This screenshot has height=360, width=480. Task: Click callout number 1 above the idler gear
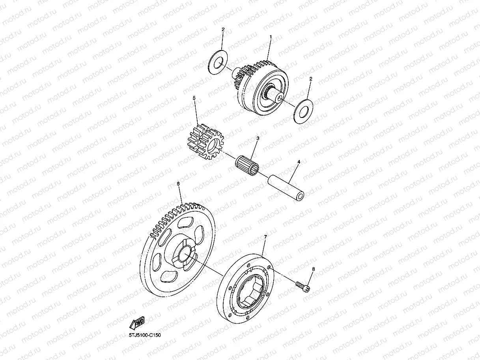[x=271, y=37]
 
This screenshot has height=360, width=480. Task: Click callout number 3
[x=258, y=138]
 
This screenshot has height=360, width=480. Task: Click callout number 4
[x=299, y=162]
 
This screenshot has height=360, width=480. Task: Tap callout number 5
[x=194, y=97]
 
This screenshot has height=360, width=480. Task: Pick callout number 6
[x=178, y=184]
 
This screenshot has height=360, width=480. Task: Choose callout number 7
[x=265, y=237]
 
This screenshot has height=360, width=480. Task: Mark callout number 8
[x=314, y=269]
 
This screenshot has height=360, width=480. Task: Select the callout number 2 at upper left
[x=223, y=30]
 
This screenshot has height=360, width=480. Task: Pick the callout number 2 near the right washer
[x=311, y=79]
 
